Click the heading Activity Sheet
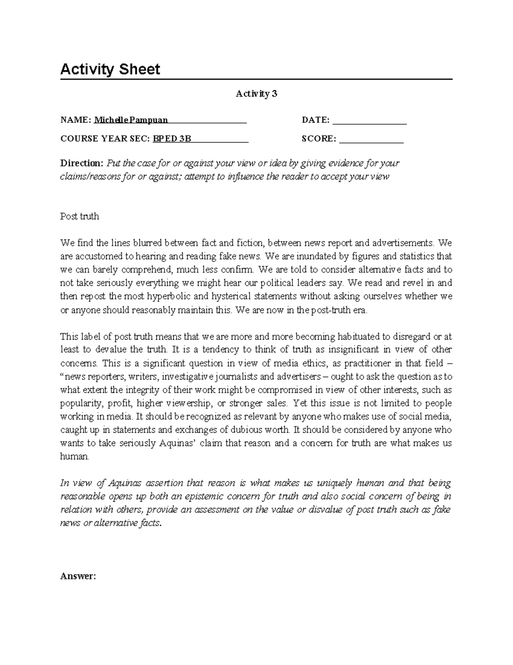point(110,69)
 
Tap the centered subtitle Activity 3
point(256,94)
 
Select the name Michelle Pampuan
point(131,120)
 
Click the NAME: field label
point(76,120)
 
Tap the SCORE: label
point(318,139)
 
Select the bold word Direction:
point(81,163)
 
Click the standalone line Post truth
point(80,216)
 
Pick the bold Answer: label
point(78,576)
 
